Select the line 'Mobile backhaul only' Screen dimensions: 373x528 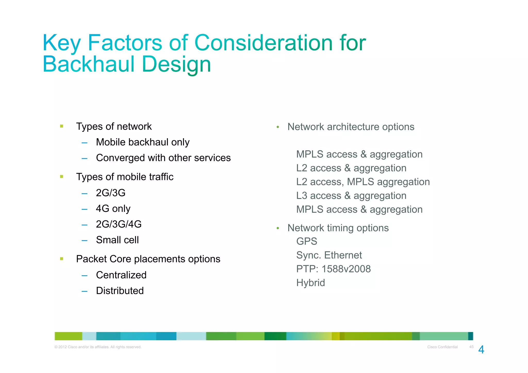point(143,142)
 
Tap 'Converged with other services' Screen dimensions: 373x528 point(163,158)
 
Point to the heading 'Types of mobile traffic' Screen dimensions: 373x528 point(125,177)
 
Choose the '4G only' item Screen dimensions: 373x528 point(113,209)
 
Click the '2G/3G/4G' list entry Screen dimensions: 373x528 point(119,224)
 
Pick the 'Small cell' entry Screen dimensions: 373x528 point(117,240)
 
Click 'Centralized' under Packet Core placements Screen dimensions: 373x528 point(121,275)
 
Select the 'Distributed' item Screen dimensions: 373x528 point(120,291)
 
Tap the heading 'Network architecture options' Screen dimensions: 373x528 point(351,127)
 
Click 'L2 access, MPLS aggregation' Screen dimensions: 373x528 point(363,182)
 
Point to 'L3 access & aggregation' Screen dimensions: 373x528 point(351,196)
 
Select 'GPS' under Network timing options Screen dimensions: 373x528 point(307,242)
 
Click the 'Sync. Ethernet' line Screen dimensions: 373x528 point(329,255)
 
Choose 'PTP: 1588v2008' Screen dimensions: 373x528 point(333,269)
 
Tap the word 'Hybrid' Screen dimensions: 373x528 point(310,283)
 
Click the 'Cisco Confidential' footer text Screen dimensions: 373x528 point(442,347)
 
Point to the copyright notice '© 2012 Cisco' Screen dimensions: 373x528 point(98,347)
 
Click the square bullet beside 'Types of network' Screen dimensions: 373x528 point(62,126)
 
